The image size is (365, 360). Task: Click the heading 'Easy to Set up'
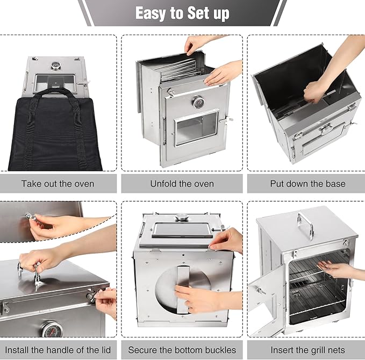point(182,13)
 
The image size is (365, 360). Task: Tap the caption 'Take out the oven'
point(58,184)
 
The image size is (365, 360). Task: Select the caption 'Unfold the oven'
point(182,184)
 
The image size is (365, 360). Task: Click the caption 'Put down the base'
point(307,184)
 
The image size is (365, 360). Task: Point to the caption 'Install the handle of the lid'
point(58,350)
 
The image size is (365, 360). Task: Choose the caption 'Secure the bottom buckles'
point(182,350)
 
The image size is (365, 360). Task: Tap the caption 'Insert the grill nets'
point(307,350)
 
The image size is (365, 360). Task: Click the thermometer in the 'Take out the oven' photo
point(56,66)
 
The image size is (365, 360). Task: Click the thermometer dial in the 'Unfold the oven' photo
point(198,102)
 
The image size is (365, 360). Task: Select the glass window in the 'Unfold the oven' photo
point(197,128)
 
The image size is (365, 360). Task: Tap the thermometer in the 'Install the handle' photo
point(52,329)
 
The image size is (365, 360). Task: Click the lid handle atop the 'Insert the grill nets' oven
point(305,226)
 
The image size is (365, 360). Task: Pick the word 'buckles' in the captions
point(220,350)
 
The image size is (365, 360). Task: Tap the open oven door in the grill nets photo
point(267,300)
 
